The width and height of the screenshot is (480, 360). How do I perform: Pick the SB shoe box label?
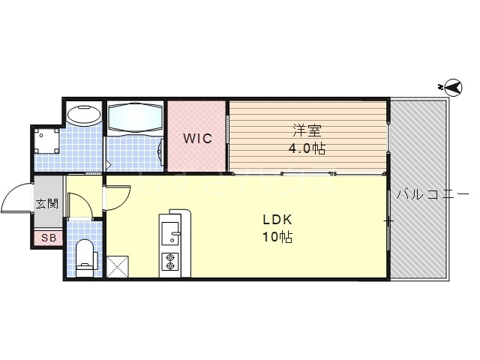click(47, 238)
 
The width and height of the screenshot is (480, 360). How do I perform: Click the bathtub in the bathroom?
click(134, 118)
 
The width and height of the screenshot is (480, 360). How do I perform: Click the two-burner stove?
click(170, 262)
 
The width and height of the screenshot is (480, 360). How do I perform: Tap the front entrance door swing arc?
click(16, 198)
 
